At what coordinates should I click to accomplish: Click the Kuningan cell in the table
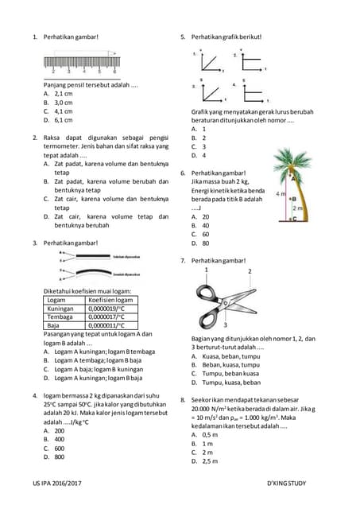[60, 308]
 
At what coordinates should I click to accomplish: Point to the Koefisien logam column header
[110, 300]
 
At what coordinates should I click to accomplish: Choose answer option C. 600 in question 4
[58, 448]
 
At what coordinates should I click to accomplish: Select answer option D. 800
[58, 457]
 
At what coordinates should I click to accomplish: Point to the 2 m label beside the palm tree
[298, 207]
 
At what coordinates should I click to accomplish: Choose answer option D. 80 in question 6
[204, 243]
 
